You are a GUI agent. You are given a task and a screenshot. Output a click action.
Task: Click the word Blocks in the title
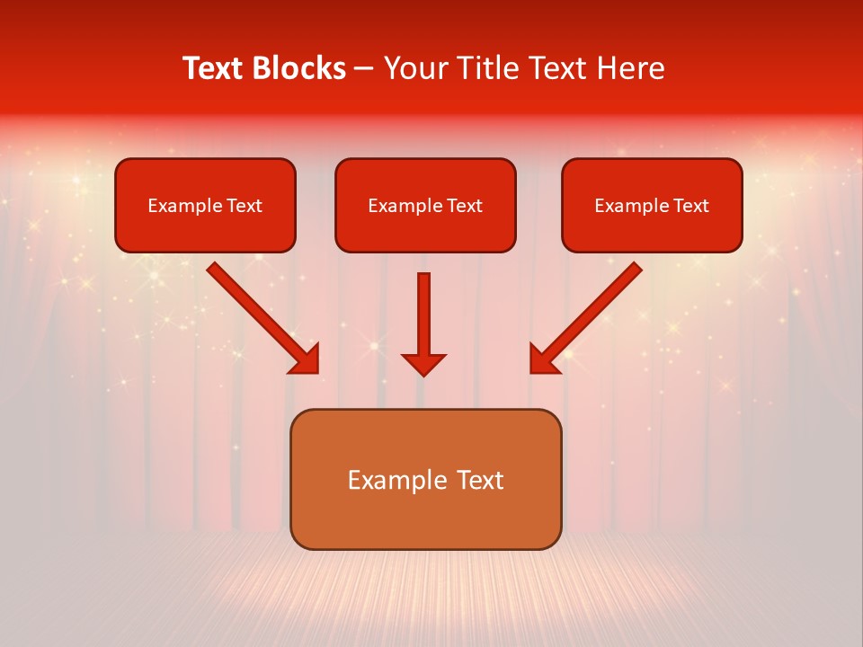(299, 68)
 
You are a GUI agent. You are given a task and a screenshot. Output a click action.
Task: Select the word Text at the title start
(216, 68)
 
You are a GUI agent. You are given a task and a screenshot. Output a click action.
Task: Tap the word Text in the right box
(691, 206)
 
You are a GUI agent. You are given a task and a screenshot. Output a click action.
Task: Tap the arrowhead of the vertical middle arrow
(423, 365)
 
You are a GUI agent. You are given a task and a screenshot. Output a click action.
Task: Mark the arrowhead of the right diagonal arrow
(543, 359)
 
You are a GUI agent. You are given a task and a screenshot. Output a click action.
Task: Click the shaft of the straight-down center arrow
(423, 310)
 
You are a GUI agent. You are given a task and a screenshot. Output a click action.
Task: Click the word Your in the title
(414, 68)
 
